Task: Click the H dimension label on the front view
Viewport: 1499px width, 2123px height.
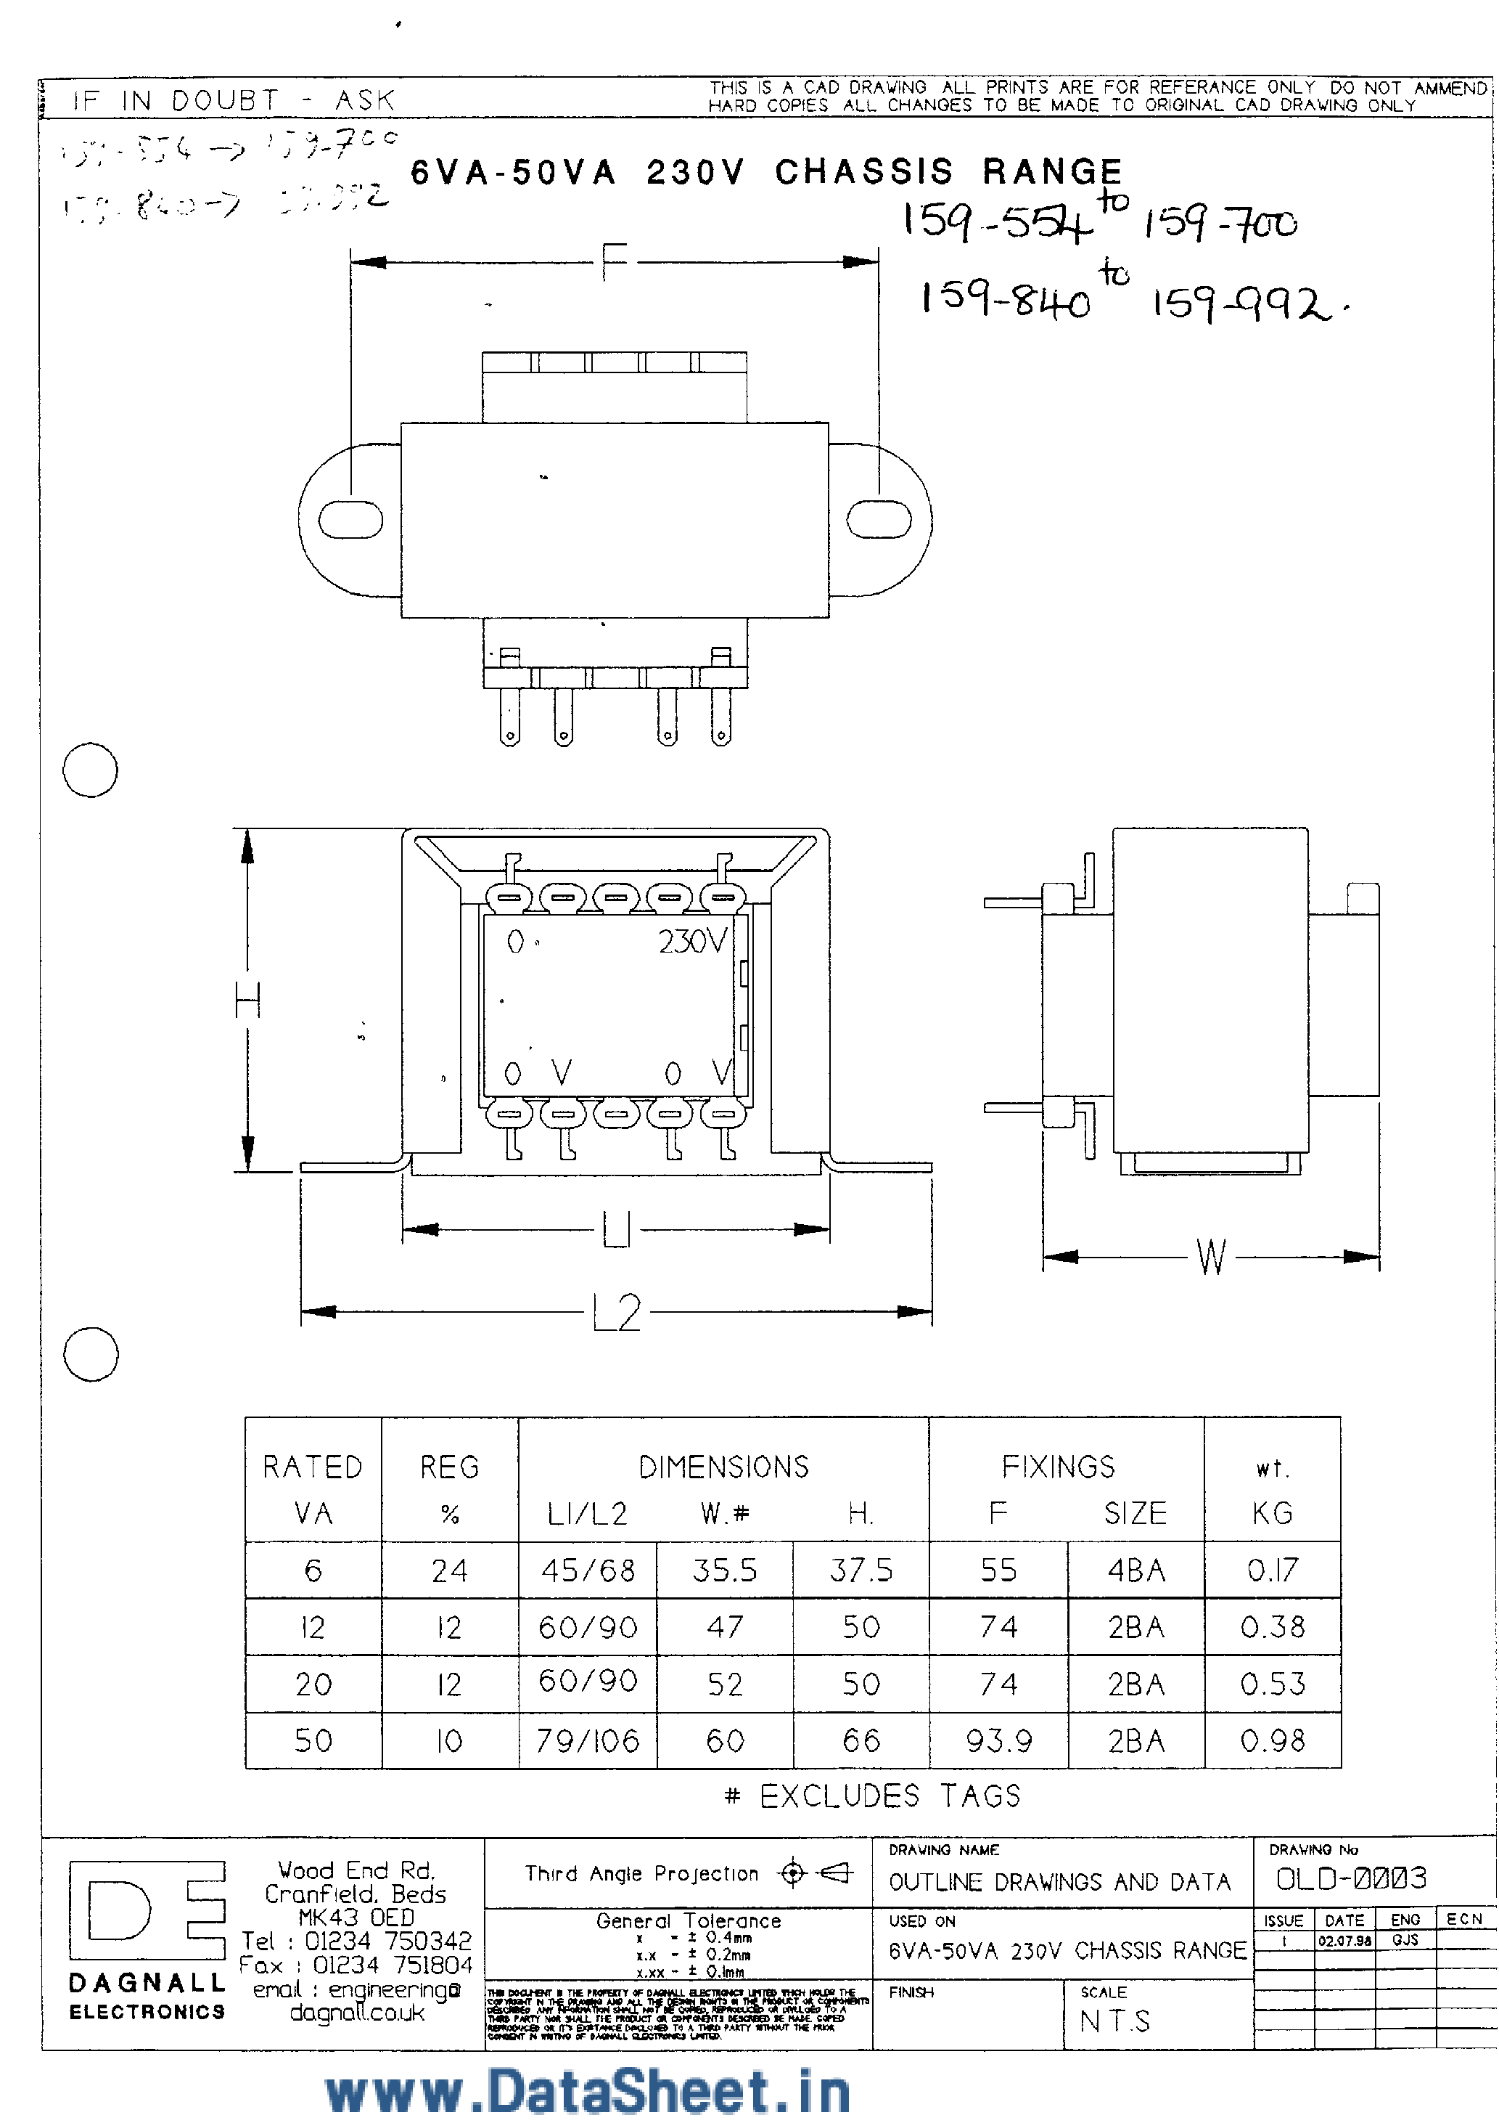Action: pos(247,1001)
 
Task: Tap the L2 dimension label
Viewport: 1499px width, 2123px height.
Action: pos(617,1312)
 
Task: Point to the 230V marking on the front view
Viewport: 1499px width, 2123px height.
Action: pos(692,941)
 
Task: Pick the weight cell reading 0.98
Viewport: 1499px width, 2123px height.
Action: pos(1273,1741)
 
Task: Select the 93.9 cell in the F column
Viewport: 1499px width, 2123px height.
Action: pos(998,1741)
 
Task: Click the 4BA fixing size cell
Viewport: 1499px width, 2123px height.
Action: pos(1135,1570)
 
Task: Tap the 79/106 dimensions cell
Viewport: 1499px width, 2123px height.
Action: pos(588,1741)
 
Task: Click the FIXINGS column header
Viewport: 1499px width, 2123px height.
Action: pos(1058,1467)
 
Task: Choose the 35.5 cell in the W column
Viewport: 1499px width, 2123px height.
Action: pos(725,1570)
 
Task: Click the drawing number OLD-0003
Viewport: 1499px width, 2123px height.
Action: pos(1351,1878)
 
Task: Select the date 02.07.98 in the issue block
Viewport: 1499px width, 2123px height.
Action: pos(1344,1941)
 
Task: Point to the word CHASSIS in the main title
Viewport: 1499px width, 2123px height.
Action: pos(863,172)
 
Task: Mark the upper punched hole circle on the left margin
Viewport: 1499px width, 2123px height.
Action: pos(90,770)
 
